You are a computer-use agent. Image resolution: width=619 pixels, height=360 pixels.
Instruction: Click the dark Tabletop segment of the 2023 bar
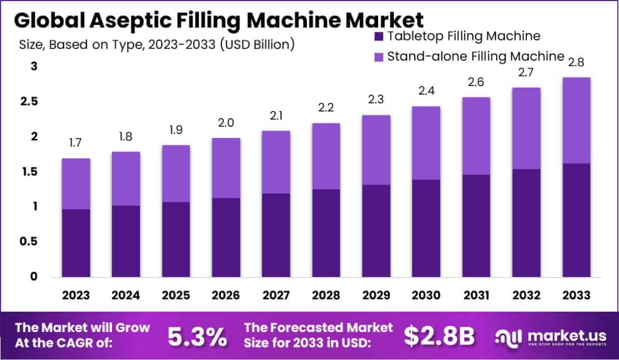tap(76, 243)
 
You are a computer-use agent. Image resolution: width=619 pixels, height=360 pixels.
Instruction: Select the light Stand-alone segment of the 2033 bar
tap(575, 120)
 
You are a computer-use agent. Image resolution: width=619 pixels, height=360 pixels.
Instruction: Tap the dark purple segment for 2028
tap(326, 233)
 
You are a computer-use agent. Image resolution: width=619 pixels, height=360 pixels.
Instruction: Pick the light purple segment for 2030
tap(426, 143)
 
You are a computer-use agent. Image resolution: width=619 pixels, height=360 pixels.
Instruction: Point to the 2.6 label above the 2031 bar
tap(476, 82)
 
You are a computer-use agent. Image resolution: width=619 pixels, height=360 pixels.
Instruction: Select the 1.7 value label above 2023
tap(76, 143)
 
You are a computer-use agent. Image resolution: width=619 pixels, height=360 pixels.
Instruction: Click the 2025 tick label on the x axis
tap(176, 295)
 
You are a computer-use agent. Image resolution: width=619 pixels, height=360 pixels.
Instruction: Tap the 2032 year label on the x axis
tap(526, 295)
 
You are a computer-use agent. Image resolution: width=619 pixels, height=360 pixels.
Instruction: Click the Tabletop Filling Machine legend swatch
tap(378, 36)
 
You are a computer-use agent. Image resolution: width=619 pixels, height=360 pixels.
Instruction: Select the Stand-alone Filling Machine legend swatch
tap(378, 56)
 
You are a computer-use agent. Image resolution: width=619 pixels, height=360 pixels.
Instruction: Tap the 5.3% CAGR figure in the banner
tap(197, 337)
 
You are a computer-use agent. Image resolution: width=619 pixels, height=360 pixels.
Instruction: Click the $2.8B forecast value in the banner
tap(440, 337)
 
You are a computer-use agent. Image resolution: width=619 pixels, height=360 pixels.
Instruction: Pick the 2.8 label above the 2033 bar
tap(575, 62)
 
